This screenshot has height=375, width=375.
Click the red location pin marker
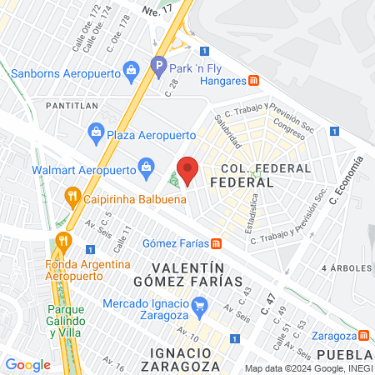pyautogui.click(x=188, y=169)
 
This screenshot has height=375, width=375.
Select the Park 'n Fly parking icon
pyautogui.click(x=158, y=63)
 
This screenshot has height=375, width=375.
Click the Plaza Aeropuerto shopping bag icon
pyautogui.click(x=97, y=132)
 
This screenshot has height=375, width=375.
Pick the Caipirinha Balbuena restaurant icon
pyautogui.click(x=72, y=197)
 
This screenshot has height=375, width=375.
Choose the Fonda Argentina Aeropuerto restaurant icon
pyautogui.click(x=63, y=242)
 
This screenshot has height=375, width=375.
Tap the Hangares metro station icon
pyautogui.click(x=255, y=81)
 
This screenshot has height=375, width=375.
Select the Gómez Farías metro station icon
pyautogui.click(x=216, y=243)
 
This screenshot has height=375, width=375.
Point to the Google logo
pyautogui.click(x=27, y=364)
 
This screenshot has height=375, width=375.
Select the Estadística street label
pyautogui.click(x=252, y=213)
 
